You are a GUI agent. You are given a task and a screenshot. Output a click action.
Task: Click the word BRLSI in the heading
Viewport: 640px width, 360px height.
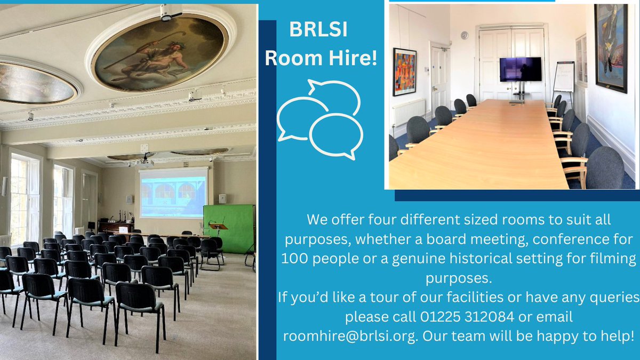(x=318, y=30)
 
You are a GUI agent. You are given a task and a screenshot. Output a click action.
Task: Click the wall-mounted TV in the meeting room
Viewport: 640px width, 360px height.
(x=520, y=69)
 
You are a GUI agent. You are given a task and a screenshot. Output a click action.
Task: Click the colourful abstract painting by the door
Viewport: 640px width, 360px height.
(x=404, y=71)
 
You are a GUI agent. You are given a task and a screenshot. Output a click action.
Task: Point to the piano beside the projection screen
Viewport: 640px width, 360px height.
(x=115, y=226)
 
